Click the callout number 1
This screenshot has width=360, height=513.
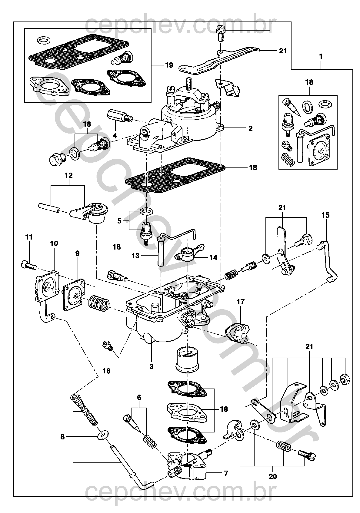click(321, 56)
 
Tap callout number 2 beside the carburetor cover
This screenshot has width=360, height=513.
click(250, 128)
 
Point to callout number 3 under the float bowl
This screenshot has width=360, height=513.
click(152, 366)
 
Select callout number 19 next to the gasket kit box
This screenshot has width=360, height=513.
click(169, 65)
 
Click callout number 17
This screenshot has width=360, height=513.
click(241, 302)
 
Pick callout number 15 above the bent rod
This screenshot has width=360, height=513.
click(325, 215)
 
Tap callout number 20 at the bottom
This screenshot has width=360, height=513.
click(273, 476)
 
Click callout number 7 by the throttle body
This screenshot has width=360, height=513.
click(226, 473)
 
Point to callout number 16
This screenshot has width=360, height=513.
click(107, 371)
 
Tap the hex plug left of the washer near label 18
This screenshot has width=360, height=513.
click(57, 159)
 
